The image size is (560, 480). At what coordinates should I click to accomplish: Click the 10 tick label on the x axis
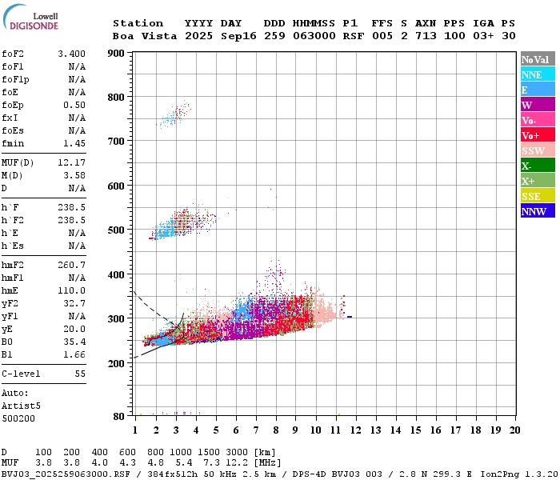pos(316,430)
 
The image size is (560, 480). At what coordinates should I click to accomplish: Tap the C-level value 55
pos(80,374)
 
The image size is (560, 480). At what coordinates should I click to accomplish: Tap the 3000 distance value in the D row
pos(235,452)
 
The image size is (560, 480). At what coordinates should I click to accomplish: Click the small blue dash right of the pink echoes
pos(350,318)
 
